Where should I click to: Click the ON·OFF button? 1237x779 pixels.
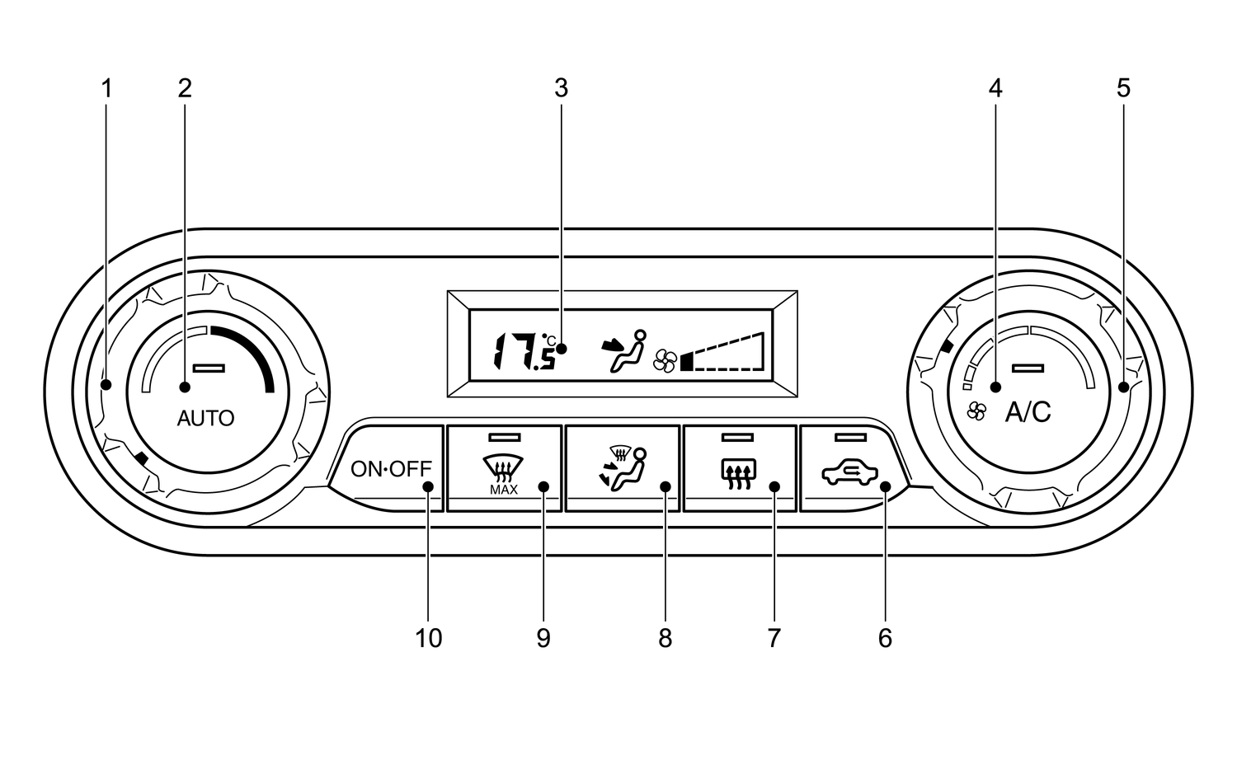391,469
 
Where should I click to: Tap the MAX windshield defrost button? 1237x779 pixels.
504,469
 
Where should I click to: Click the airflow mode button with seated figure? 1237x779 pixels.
623,469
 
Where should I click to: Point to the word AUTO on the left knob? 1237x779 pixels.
205,419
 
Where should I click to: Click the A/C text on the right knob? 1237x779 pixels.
1028,412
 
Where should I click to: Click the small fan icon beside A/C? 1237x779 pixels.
976,411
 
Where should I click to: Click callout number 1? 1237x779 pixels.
106,88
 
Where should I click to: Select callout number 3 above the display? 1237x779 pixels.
561,88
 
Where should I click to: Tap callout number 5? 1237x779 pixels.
1123,88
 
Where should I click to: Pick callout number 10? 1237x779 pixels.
428,638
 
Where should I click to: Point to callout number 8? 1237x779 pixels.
665,638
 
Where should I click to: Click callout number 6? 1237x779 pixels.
885,638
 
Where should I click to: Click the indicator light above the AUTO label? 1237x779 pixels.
208,368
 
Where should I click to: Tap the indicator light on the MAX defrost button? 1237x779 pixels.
504,436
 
